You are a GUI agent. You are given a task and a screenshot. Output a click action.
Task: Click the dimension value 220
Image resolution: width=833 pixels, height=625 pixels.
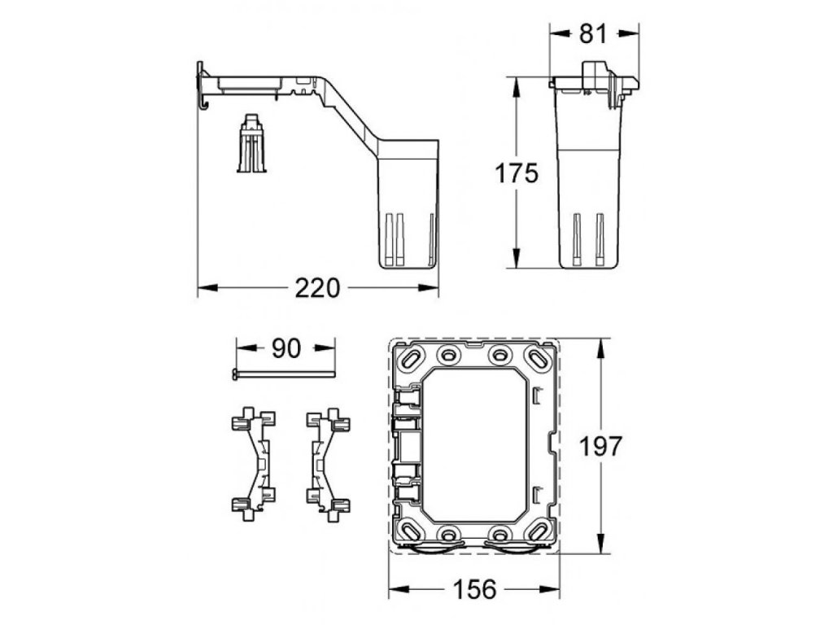(317, 288)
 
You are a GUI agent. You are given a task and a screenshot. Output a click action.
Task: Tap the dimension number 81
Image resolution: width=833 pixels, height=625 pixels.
(593, 34)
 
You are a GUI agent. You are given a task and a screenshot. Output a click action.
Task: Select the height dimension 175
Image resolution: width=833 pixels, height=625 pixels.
(517, 173)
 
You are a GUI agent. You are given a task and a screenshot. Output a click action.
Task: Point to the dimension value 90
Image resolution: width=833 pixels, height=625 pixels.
(286, 348)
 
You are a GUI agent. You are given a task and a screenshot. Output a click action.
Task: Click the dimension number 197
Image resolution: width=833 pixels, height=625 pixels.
(600, 447)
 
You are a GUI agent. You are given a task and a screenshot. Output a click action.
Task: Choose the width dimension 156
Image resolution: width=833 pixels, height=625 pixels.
(475, 589)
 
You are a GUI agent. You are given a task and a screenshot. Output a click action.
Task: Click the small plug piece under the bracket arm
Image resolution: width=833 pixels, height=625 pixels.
(251, 143)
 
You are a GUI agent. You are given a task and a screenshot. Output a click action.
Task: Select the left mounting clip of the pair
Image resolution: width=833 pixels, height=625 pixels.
(254, 463)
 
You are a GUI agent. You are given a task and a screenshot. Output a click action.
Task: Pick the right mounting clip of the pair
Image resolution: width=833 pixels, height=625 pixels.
(329, 463)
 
